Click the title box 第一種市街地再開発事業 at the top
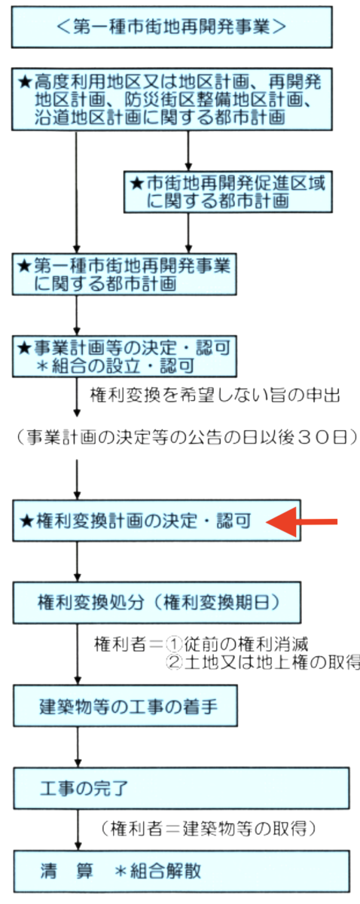pyautogui.click(x=172, y=27)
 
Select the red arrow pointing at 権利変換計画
pyautogui.click(x=301, y=522)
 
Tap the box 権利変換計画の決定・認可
pyautogui.click(x=157, y=521)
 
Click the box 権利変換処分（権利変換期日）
pyautogui.click(x=157, y=603)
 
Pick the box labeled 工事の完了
pyautogui.click(x=182, y=788)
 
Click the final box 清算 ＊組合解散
pyautogui.click(x=182, y=871)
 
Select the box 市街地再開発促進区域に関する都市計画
pyautogui.click(x=228, y=192)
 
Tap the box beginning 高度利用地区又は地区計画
pyautogui.click(x=172, y=99)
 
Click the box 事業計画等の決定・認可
pyautogui.click(x=124, y=356)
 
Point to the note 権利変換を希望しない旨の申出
pyautogui.click(x=215, y=395)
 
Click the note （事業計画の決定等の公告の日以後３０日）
pyautogui.click(x=186, y=437)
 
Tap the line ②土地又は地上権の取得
pyautogui.click(x=263, y=663)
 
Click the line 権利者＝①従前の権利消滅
pyautogui.click(x=201, y=644)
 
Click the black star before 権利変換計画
pyautogui.click(x=27, y=521)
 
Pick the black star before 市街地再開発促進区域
pyautogui.click(x=137, y=184)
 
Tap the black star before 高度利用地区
pyautogui.click(x=25, y=82)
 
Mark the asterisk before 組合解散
pyautogui.click(x=121, y=872)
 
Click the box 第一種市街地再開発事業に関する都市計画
pyautogui.click(x=124, y=274)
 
